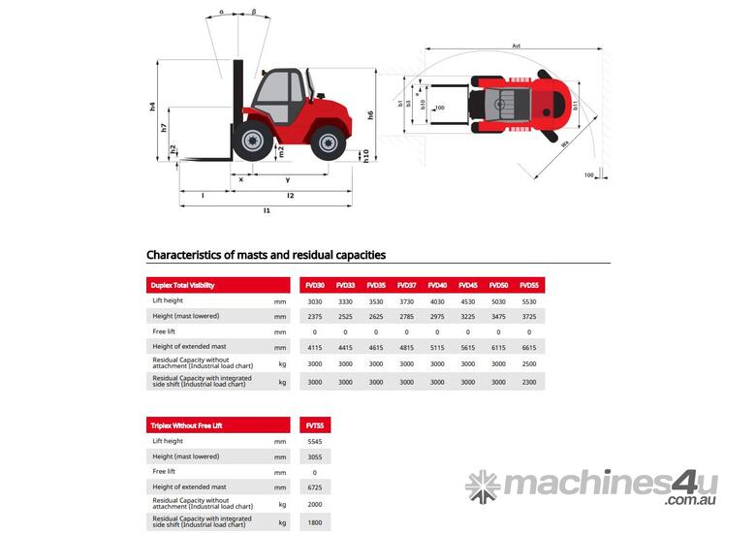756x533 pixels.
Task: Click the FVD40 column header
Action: click(x=437, y=285)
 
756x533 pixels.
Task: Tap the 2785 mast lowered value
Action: click(x=406, y=316)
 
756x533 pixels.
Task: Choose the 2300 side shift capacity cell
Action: click(x=529, y=382)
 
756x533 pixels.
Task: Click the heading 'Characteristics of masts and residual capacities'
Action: click(x=266, y=255)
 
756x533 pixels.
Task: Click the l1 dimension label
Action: click(x=267, y=209)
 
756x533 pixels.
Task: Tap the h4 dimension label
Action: click(x=153, y=106)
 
